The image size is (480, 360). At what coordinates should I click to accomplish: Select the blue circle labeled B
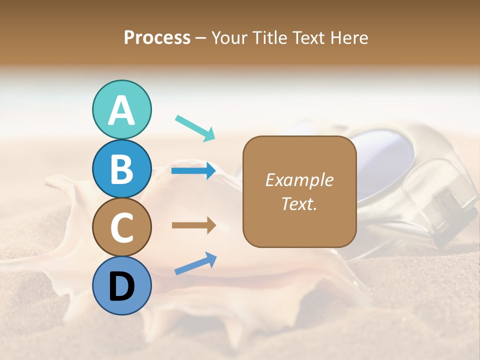point(121,168)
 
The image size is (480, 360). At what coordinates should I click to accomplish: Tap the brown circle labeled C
point(121,227)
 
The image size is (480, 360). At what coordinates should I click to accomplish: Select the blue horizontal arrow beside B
point(193,171)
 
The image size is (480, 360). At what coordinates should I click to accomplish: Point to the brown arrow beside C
point(193,225)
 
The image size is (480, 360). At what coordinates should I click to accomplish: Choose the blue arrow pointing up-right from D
point(195,263)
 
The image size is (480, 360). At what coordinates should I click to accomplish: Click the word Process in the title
point(157,38)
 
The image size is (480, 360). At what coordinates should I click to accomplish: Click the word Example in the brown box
point(299,180)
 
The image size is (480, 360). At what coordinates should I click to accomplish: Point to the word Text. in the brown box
point(299,204)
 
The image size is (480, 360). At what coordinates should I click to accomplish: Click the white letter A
point(121,110)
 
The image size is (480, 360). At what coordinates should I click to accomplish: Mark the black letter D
point(121,286)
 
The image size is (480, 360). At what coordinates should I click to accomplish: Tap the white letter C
point(121,227)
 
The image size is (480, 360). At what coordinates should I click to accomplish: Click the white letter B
point(121,168)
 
